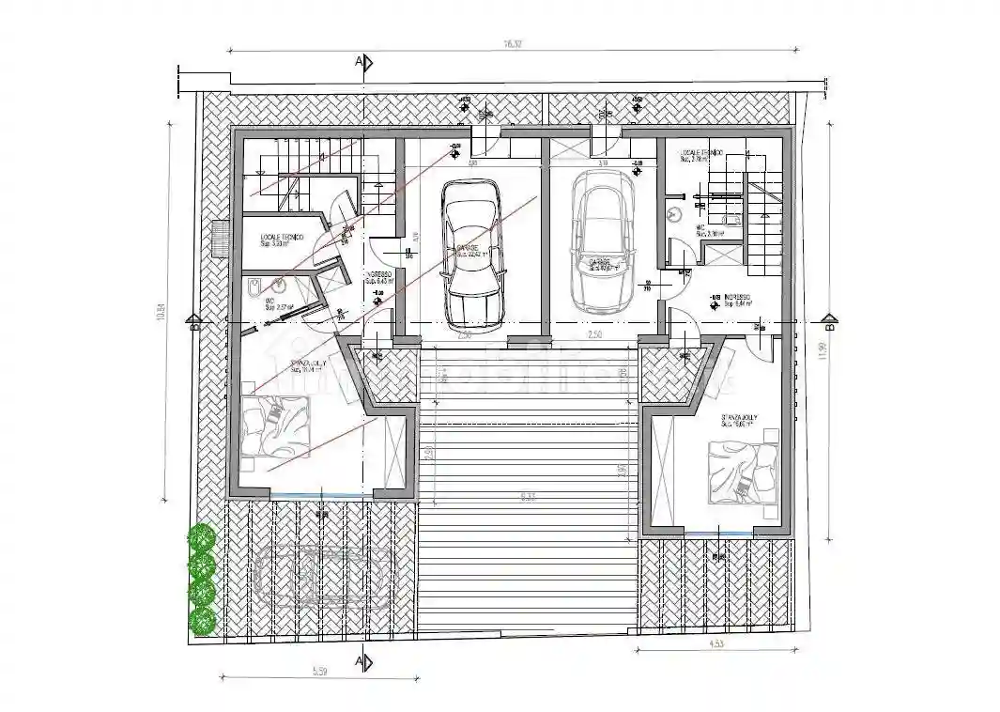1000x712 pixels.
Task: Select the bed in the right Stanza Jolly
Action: (742, 473)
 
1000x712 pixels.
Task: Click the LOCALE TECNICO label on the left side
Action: (281, 239)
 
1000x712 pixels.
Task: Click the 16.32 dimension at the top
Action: (512, 43)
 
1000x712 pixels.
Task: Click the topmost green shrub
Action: (201, 538)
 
